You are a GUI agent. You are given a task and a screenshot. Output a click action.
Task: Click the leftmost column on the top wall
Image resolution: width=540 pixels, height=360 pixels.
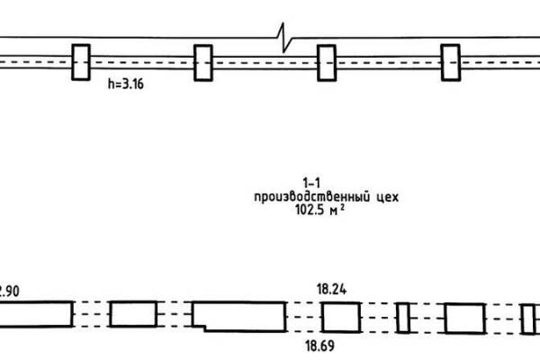[x=81, y=62]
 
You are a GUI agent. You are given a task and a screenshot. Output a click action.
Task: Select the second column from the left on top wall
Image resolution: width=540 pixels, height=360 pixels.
[x=203, y=63]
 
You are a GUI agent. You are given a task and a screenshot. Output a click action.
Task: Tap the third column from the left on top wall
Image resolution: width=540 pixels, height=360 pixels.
[x=327, y=63]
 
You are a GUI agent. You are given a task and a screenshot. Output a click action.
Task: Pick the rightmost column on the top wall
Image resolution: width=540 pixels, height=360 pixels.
[x=451, y=63]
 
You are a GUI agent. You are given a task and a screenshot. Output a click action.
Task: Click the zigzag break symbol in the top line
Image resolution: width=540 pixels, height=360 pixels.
[x=284, y=38]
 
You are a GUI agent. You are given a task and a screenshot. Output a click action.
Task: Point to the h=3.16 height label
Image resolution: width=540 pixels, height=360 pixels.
[x=126, y=84]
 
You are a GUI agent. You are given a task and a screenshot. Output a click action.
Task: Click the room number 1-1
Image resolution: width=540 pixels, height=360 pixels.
[x=311, y=183]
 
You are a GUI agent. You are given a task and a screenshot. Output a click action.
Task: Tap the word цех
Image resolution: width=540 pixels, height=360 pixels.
[x=386, y=197]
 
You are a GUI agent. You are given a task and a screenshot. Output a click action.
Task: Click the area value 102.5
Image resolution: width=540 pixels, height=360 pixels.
[x=310, y=210]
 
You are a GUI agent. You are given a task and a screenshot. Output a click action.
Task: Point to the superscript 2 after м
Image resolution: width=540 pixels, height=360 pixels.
[x=342, y=207]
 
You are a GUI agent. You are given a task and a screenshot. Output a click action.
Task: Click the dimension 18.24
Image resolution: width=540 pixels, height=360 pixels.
[x=331, y=290]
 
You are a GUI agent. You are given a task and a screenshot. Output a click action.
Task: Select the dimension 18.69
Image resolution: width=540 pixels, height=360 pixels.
[x=319, y=346]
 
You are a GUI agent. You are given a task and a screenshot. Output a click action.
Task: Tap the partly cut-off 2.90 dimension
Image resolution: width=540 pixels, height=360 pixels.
[x=10, y=292]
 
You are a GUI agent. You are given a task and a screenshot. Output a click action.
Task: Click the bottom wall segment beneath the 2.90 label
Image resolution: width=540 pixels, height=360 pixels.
[x=37, y=314]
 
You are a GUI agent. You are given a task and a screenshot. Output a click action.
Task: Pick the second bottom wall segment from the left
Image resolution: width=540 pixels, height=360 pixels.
[x=133, y=314]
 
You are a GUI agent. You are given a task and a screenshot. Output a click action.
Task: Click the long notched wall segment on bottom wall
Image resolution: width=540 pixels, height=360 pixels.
[x=239, y=316]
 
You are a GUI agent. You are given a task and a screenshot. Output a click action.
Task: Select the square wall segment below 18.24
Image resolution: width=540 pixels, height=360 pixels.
[x=341, y=318]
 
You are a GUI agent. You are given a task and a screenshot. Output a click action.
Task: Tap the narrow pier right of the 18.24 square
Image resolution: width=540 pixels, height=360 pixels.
[x=403, y=318]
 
